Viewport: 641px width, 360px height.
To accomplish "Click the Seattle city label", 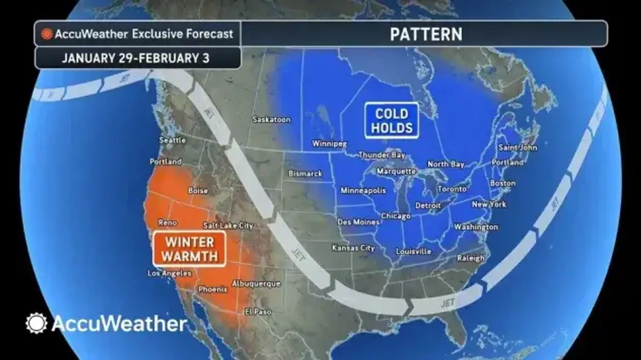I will click(172, 140).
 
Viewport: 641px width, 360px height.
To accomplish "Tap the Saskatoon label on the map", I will click(271, 119).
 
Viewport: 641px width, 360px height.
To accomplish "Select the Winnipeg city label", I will click(330, 144).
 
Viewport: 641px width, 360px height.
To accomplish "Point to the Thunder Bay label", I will click(382, 155).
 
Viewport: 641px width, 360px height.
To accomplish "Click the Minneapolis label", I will click(363, 191).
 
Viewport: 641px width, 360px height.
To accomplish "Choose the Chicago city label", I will click(395, 216).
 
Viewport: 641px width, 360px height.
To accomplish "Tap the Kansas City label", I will click(353, 248).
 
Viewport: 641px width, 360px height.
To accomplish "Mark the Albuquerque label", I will click(256, 284).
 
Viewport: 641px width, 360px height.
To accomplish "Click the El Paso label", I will click(258, 312).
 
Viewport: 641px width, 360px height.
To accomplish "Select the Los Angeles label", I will click(169, 273).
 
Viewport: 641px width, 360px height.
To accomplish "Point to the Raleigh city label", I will click(471, 259).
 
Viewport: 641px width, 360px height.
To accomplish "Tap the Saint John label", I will click(517, 147).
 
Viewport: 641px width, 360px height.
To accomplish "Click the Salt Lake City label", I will click(228, 226).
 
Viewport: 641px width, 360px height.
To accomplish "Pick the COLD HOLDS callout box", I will click(392, 121).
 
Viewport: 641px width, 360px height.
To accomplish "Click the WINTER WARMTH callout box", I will click(190, 248).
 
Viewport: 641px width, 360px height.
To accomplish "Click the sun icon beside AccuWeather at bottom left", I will click(36, 323).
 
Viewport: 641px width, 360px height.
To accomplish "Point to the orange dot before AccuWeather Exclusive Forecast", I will click(47, 34).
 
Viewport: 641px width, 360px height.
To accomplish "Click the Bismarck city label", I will click(305, 174).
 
